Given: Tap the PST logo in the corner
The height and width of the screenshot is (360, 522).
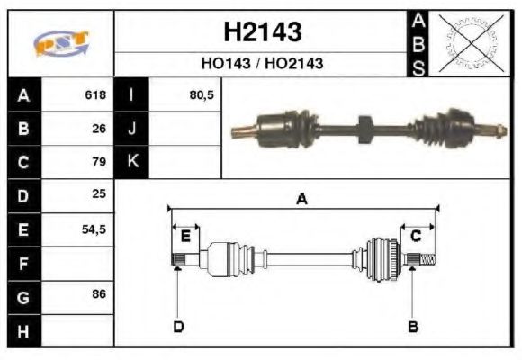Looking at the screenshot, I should click(x=61, y=42).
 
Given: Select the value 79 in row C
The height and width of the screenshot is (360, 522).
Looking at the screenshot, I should click(x=99, y=162).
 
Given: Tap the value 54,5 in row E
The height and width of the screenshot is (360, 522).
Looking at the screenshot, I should click(x=94, y=229).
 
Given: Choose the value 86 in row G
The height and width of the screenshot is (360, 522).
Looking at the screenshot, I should click(x=99, y=295).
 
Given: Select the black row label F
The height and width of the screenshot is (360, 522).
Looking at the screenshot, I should click(x=22, y=262).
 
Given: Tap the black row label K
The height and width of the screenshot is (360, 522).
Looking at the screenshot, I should click(x=132, y=162).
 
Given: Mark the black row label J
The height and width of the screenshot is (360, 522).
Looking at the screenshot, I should click(x=132, y=129).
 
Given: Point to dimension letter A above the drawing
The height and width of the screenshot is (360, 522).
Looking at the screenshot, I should click(x=301, y=199).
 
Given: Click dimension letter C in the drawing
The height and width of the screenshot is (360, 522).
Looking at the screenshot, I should click(x=416, y=236).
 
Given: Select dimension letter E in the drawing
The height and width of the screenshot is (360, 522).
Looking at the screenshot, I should click(x=185, y=236).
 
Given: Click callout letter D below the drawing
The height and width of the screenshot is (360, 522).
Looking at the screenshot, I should click(x=178, y=327).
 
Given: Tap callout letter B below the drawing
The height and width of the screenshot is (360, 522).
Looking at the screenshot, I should click(x=413, y=327).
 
